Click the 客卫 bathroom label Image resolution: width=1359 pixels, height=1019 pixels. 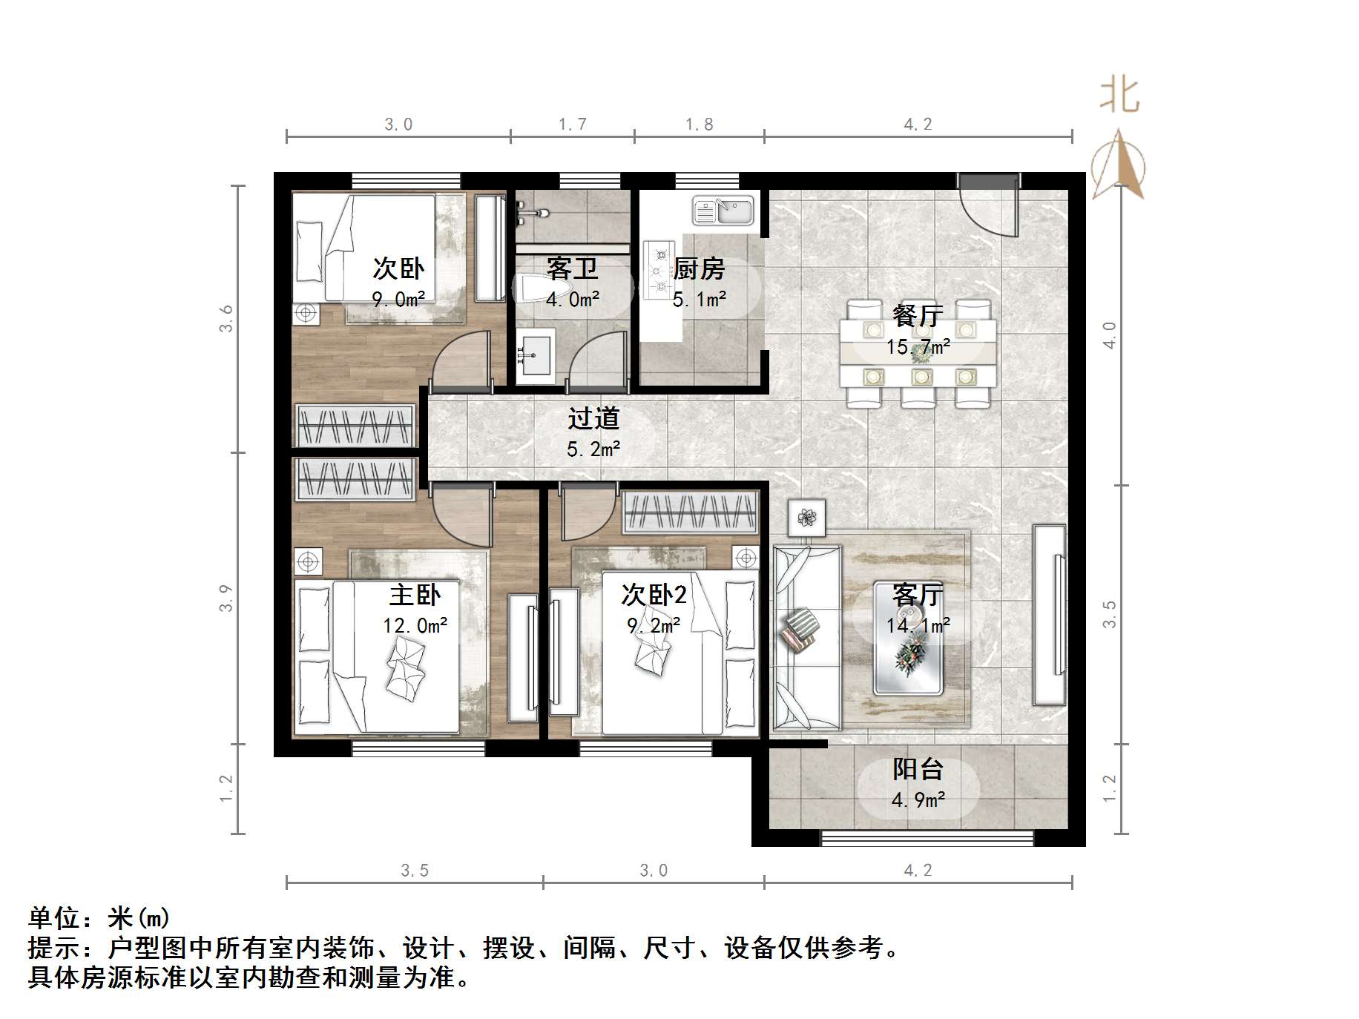(572, 268)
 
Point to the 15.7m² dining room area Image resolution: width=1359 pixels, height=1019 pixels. (918, 346)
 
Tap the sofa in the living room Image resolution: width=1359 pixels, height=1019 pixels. (806, 638)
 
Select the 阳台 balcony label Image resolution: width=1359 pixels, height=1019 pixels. (918, 769)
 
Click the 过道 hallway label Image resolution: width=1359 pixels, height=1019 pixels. (593, 418)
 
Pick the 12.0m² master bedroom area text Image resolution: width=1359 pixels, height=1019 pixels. (415, 626)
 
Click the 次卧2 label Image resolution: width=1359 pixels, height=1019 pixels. (654, 594)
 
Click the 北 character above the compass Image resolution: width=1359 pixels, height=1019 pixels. (1119, 97)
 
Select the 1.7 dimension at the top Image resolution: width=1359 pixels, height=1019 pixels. (572, 124)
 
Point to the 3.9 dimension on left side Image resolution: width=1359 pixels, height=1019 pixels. (226, 598)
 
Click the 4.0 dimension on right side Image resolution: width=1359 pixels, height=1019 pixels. (1110, 335)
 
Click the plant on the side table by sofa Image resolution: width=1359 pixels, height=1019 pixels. (806, 515)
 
